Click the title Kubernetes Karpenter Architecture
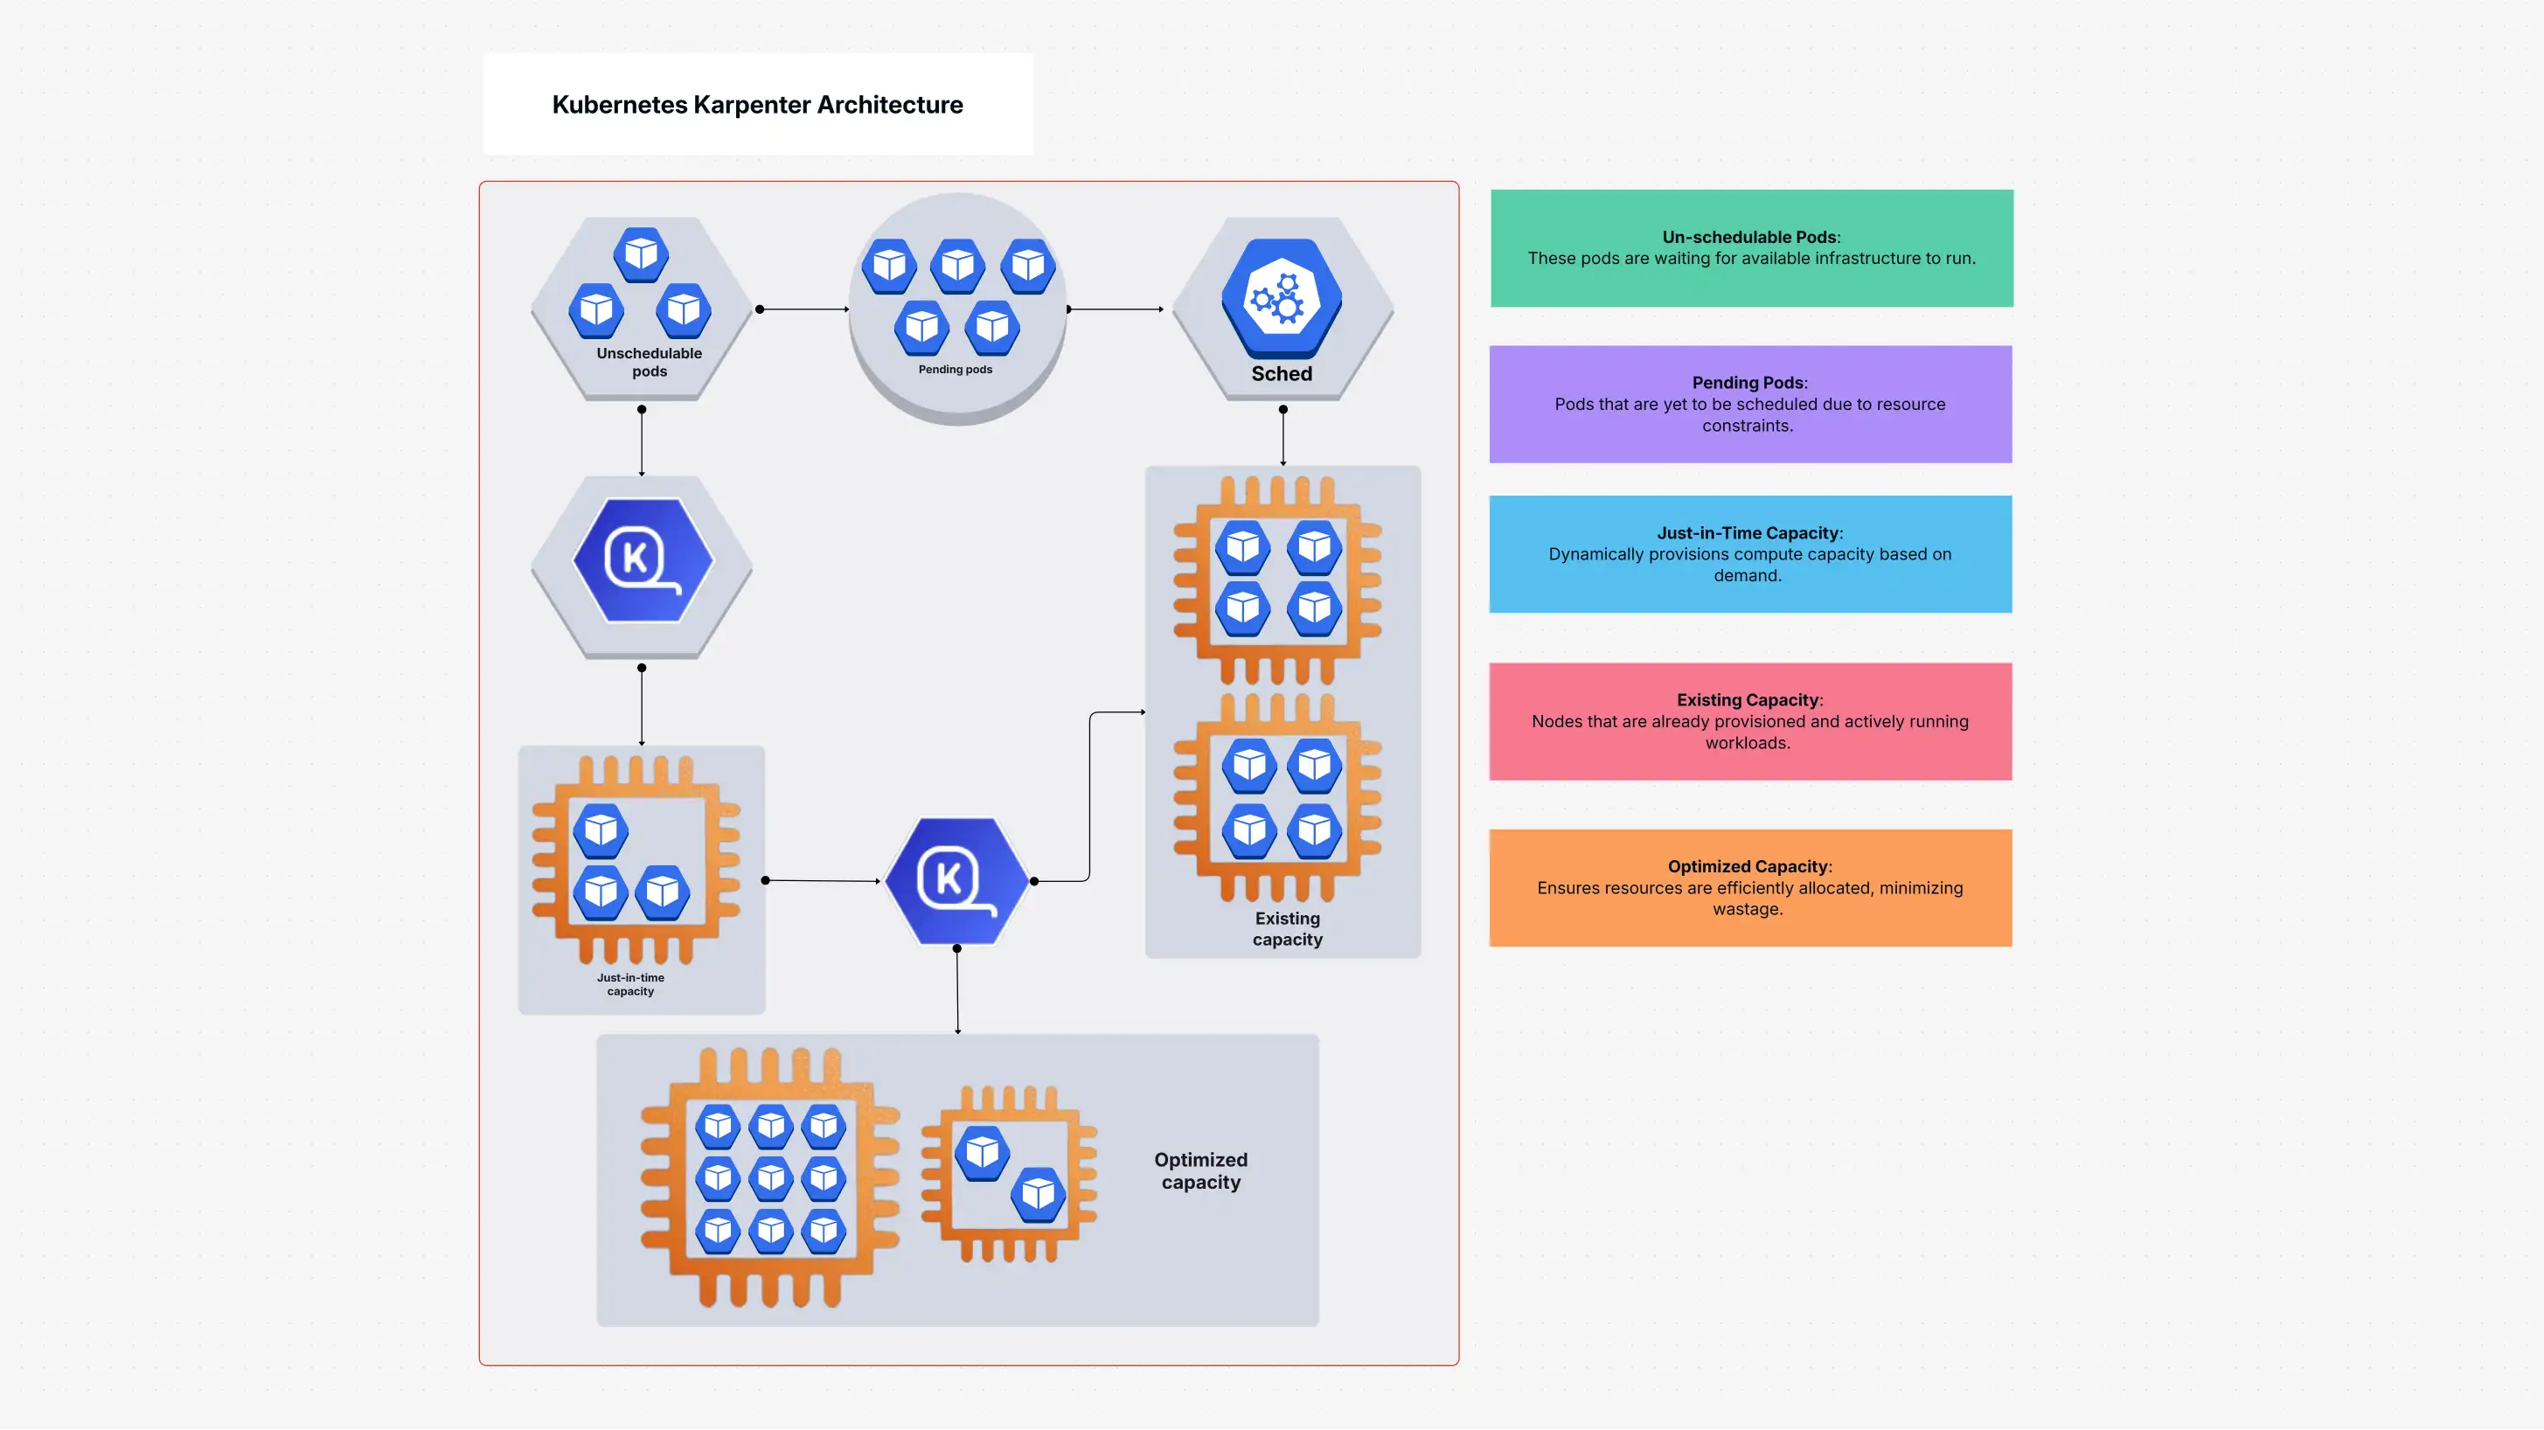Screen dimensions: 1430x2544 [756, 105]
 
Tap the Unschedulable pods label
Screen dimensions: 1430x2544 [649, 362]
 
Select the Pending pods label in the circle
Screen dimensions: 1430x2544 [955, 370]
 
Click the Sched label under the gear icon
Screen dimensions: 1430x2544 [1281, 373]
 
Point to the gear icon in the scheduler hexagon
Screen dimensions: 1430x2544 [1281, 298]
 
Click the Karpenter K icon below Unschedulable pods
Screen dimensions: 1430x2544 [642, 560]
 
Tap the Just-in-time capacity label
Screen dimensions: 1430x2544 [630, 983]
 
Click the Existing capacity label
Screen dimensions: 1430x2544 [1287, 928]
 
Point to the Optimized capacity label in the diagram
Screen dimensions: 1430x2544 [1200, 1170]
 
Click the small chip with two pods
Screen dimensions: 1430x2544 [1008, 1173]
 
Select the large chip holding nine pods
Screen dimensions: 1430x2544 [769, 1177]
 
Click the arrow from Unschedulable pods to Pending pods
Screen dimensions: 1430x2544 [803, 309]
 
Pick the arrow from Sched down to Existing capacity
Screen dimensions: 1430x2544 [1282, 436]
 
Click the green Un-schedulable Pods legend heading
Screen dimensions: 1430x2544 [1750, 237]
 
